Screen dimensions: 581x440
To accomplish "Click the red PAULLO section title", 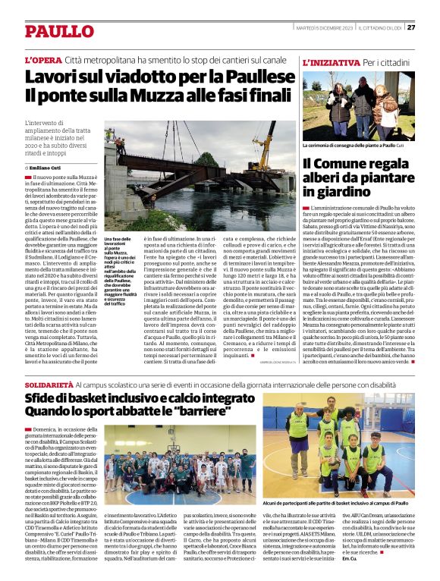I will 58,31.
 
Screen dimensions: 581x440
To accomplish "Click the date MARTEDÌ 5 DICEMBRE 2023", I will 323,27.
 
